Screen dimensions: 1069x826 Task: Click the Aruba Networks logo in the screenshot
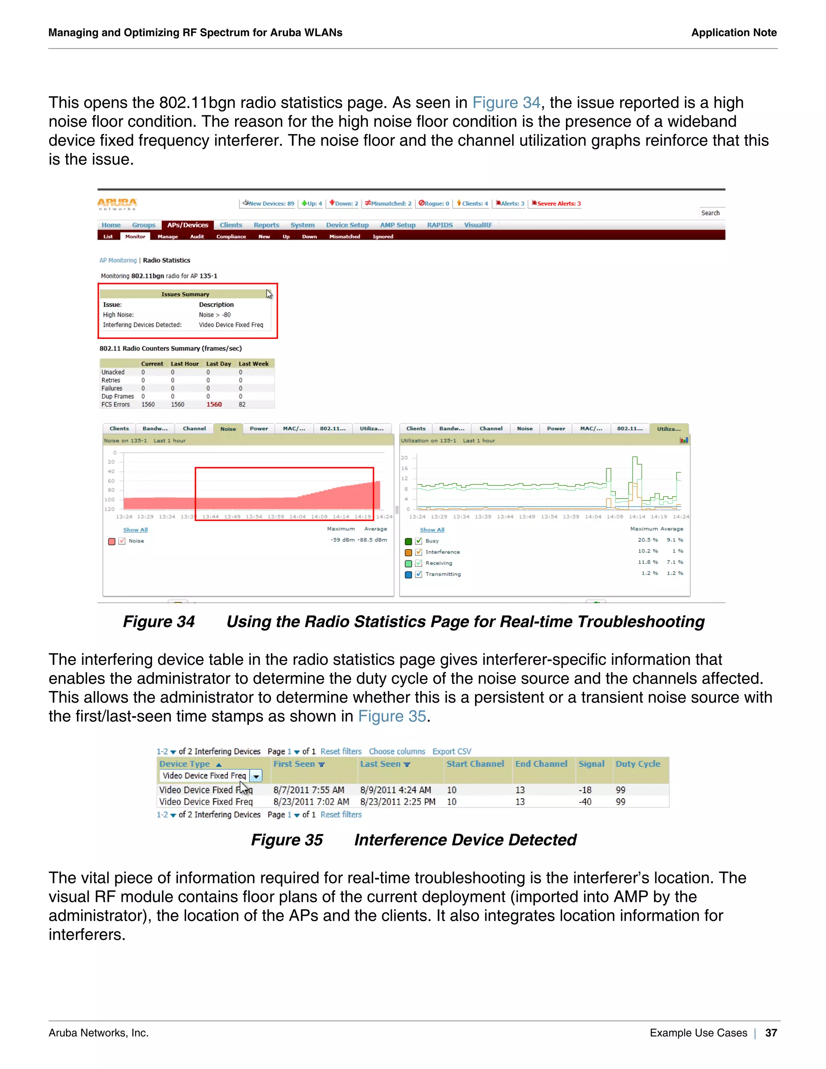point(117,204)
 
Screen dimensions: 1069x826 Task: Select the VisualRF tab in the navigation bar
point(478,225)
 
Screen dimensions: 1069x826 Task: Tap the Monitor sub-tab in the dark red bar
point(135,237)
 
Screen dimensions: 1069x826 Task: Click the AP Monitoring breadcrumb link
point(118,261)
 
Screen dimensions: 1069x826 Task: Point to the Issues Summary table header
point(185,294)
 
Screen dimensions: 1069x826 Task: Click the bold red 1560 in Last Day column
point(214,405)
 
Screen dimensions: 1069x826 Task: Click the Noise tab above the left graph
point(228,429)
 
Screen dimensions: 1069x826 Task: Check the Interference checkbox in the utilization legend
point(418,552)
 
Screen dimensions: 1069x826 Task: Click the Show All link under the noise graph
point(135,530)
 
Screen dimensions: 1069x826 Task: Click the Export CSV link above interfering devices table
point(451,752)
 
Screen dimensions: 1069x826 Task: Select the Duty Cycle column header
point(638,764)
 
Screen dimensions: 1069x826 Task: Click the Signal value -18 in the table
point(585,790)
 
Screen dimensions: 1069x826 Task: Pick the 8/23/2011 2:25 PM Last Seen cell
point(397,802)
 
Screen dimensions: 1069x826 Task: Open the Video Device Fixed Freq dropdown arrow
point(256,776)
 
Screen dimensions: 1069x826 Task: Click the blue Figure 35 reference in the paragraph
point(392,716)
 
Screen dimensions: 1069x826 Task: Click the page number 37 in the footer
point(771,1033)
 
